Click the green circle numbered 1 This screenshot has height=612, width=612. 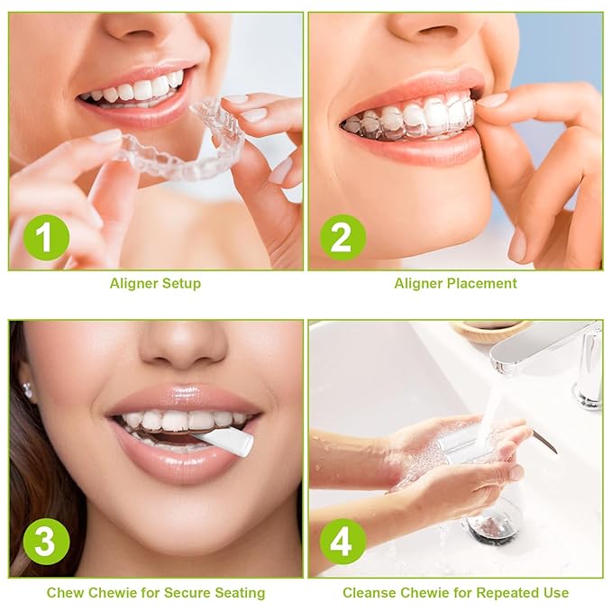pyautogui.click(x=47, y=238)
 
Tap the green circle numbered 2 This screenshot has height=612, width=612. pyautogui.click(x=343, y=238)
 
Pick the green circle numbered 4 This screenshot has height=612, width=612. pyautogui.click(x=343, y=541)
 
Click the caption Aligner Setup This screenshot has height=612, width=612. pyautogui.click(x=155, y=283)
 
